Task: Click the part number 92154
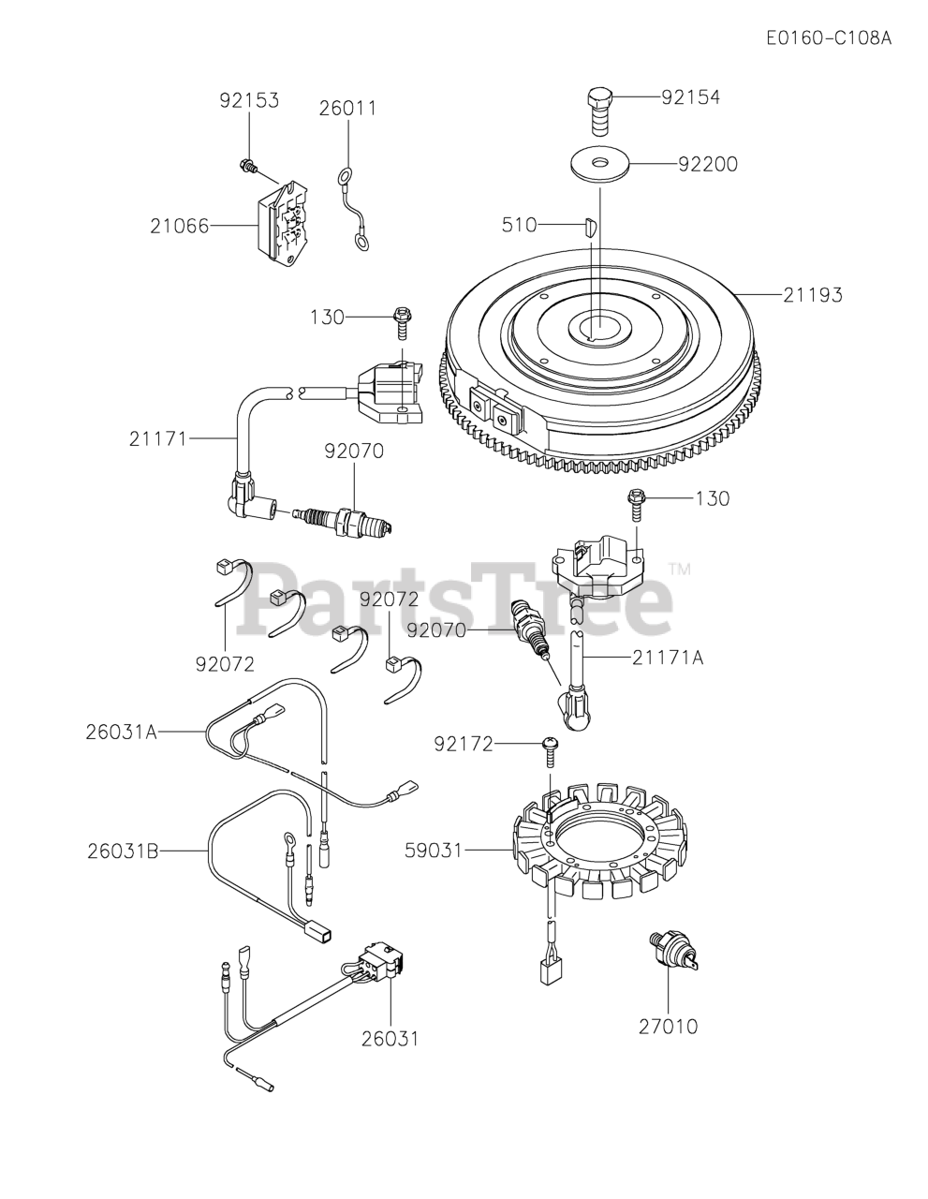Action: click(x=690, y=96)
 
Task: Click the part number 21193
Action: click(x=813, y=295)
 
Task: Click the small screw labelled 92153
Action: click(x=248, y=167)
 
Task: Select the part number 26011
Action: click(x=347, y=109)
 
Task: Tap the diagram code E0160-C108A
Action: click(x=828, y=38)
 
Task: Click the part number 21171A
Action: click(x=668, y=658)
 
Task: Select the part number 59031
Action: click(x=434, y=851)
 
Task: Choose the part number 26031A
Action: click(x=123, y=731)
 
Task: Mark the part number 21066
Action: click(x=179, y=226)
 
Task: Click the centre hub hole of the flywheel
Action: click(x=592, y=327)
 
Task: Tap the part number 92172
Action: click(x=464, y=744)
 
